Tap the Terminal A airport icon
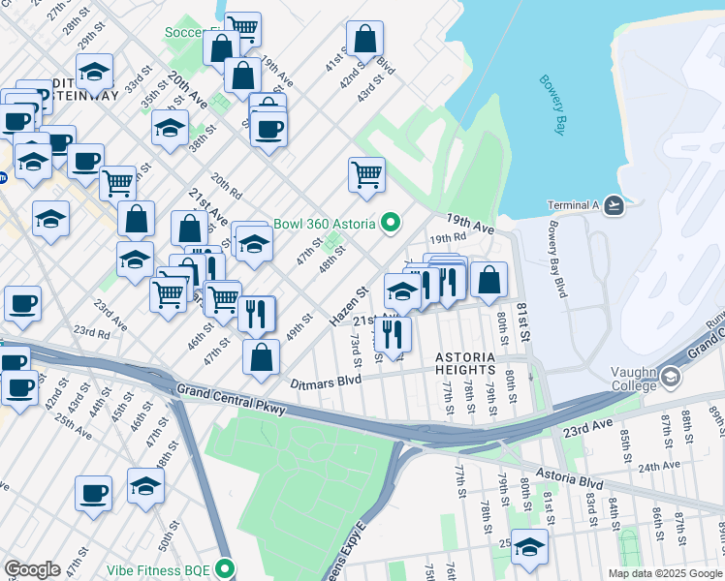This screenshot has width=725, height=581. click(613, 204)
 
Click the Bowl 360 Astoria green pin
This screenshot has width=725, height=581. click(391, 224)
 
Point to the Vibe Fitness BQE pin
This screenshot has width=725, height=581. click(226, 568)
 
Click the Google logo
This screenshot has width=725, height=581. click(33, 569)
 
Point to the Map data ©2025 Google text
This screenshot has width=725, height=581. click(665, 573)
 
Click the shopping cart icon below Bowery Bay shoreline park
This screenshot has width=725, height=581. click(366, 175)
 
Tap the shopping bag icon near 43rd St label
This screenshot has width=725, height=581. click(365, 40)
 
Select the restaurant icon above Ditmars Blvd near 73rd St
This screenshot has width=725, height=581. click(393, 333)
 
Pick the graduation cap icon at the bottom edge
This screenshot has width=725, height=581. click(529, 548)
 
